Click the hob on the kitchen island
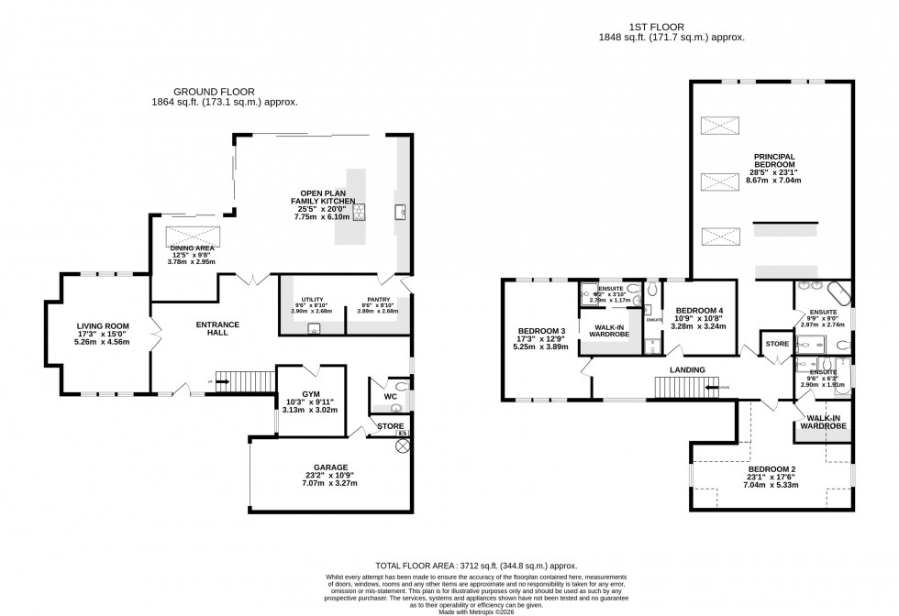click(361, 213)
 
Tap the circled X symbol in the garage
click(401, 445)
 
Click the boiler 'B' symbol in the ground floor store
click(400, 432)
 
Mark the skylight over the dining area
click(194, 235)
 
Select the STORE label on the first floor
click(777, 345)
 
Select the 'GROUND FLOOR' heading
click(215, 92)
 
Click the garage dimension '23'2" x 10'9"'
click(327, 475)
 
